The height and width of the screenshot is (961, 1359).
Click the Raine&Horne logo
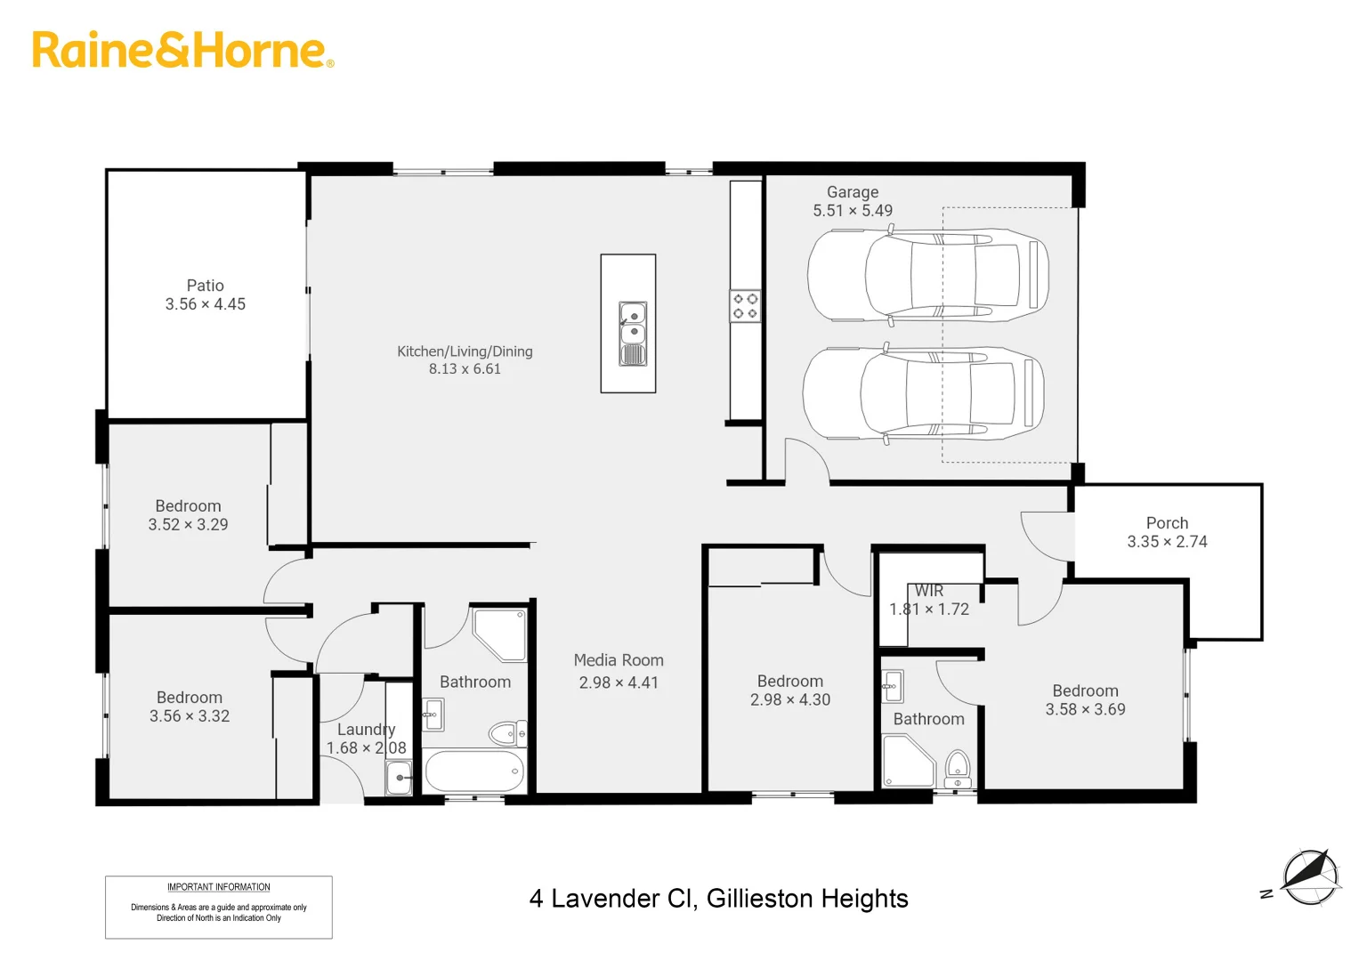click(x=182, y=50)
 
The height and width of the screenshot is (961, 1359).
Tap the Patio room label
click(x=205, y=286)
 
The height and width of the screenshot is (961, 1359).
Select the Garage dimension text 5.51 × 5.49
click(x=852, y=211)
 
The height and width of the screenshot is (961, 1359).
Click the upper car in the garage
click(x=927, y=275)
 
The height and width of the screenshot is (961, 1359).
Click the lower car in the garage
click(x=923, y=393)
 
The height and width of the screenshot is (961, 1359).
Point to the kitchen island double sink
click(x=633, y=333)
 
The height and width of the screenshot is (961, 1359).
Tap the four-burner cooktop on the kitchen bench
click(x=745, y=306)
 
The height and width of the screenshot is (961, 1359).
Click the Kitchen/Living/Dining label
click(x=465, y=351)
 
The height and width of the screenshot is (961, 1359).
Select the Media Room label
click(x=619, y=660)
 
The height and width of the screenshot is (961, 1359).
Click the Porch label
click(x=1167, y=523)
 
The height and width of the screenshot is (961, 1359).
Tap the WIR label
click(x=929, y=591)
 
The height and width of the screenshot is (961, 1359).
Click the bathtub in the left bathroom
click(x=473, y=771)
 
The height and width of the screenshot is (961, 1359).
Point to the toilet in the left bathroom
click(x=507, y=733)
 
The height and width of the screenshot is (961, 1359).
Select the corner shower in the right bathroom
click(x=907, y=763)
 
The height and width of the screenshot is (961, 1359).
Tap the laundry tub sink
click(x=399, y=777)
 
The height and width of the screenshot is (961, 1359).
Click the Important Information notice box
click(x=219, y=907)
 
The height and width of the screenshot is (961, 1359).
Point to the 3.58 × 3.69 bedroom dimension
click(x=1085, y=710)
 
